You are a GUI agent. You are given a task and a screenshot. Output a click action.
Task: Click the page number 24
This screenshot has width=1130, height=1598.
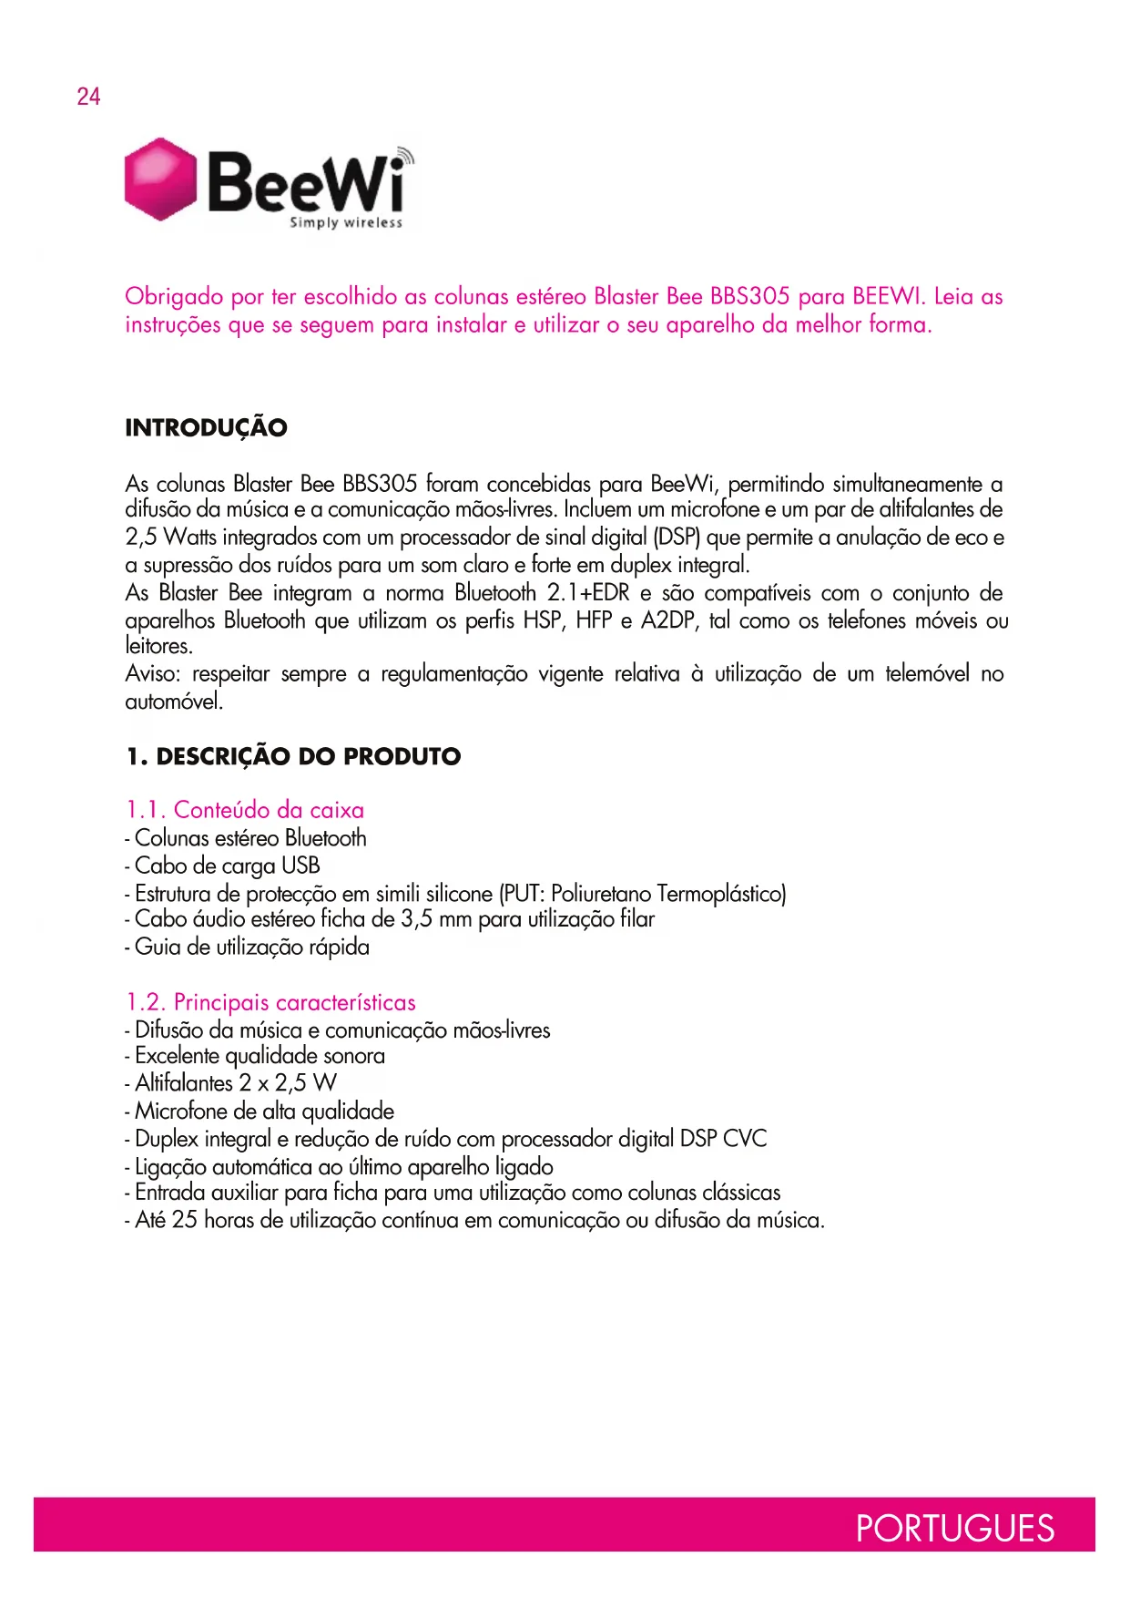click(88, 97)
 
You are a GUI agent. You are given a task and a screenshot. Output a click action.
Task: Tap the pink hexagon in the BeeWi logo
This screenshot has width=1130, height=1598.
click(160, 179)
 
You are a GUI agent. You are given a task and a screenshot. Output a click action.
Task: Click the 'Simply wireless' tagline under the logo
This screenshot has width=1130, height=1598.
click(346, 222)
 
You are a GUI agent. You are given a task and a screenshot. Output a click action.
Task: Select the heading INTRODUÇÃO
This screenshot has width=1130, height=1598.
click(206, 428)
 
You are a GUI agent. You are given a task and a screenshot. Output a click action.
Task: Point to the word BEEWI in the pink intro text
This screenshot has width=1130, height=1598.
click(888, 297)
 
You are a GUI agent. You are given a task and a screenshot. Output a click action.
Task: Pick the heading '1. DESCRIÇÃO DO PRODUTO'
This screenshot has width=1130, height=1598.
click(293, 757)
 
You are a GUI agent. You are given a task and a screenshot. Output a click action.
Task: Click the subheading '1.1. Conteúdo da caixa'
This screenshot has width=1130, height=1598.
click(245, 810)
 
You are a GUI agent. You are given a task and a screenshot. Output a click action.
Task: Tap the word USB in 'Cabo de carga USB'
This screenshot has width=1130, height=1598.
click(300, 866)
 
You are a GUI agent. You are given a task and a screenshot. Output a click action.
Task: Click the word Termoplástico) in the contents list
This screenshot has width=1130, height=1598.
click(721, 894)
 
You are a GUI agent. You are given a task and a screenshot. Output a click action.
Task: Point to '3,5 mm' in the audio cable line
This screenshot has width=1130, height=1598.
click(435, 919)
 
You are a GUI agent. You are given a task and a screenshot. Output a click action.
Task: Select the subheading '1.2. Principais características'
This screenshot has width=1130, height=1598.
click(270, 1003)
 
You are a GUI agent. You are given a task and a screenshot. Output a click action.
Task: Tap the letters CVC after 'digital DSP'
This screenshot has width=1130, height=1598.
click(744, 1139)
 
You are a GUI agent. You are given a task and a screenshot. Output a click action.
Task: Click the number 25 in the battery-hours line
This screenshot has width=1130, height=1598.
click(185, 1220)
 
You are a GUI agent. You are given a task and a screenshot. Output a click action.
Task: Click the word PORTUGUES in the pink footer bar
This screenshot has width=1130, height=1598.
click(954, 1528)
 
